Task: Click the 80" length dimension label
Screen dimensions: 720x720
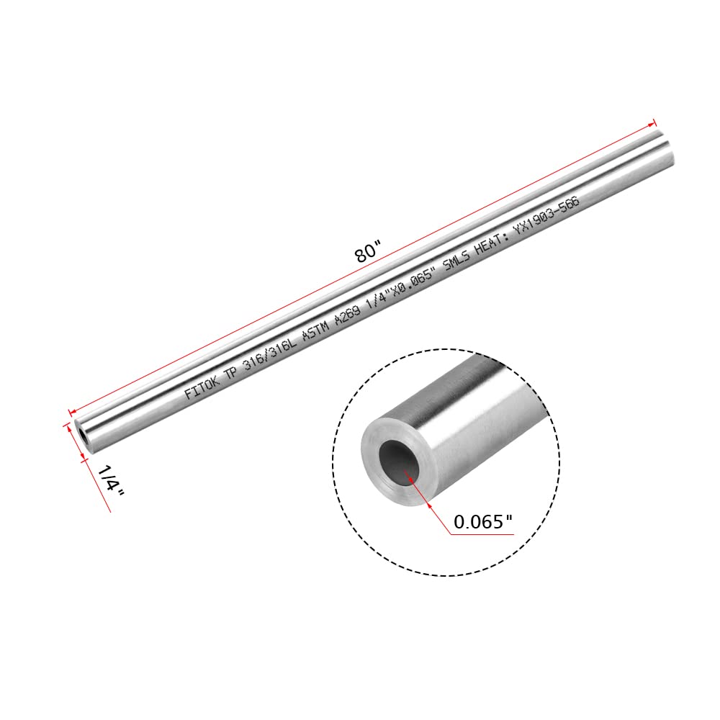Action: pyautogui.click(x=366, y=253)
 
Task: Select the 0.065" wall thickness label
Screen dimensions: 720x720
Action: pyautogui.click(x=483, y=522)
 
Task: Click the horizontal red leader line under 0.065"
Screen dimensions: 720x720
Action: pyautogui.click(x=482, y=534)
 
